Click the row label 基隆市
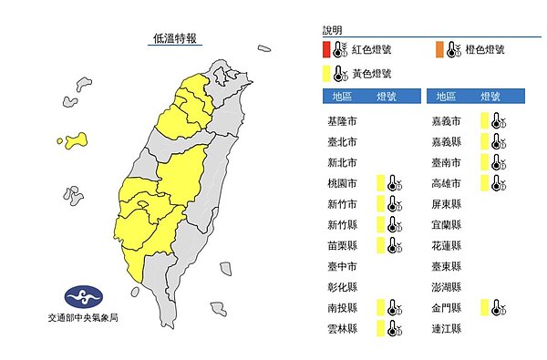click(342, 121)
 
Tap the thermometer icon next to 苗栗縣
click(391, 245)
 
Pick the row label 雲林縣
click(342, 328)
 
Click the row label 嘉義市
click(449, 121)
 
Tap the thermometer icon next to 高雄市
click(497, 183)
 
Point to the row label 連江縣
click(449, 328)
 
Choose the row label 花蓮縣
click(449, 245)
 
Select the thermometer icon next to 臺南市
click(497, 162)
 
